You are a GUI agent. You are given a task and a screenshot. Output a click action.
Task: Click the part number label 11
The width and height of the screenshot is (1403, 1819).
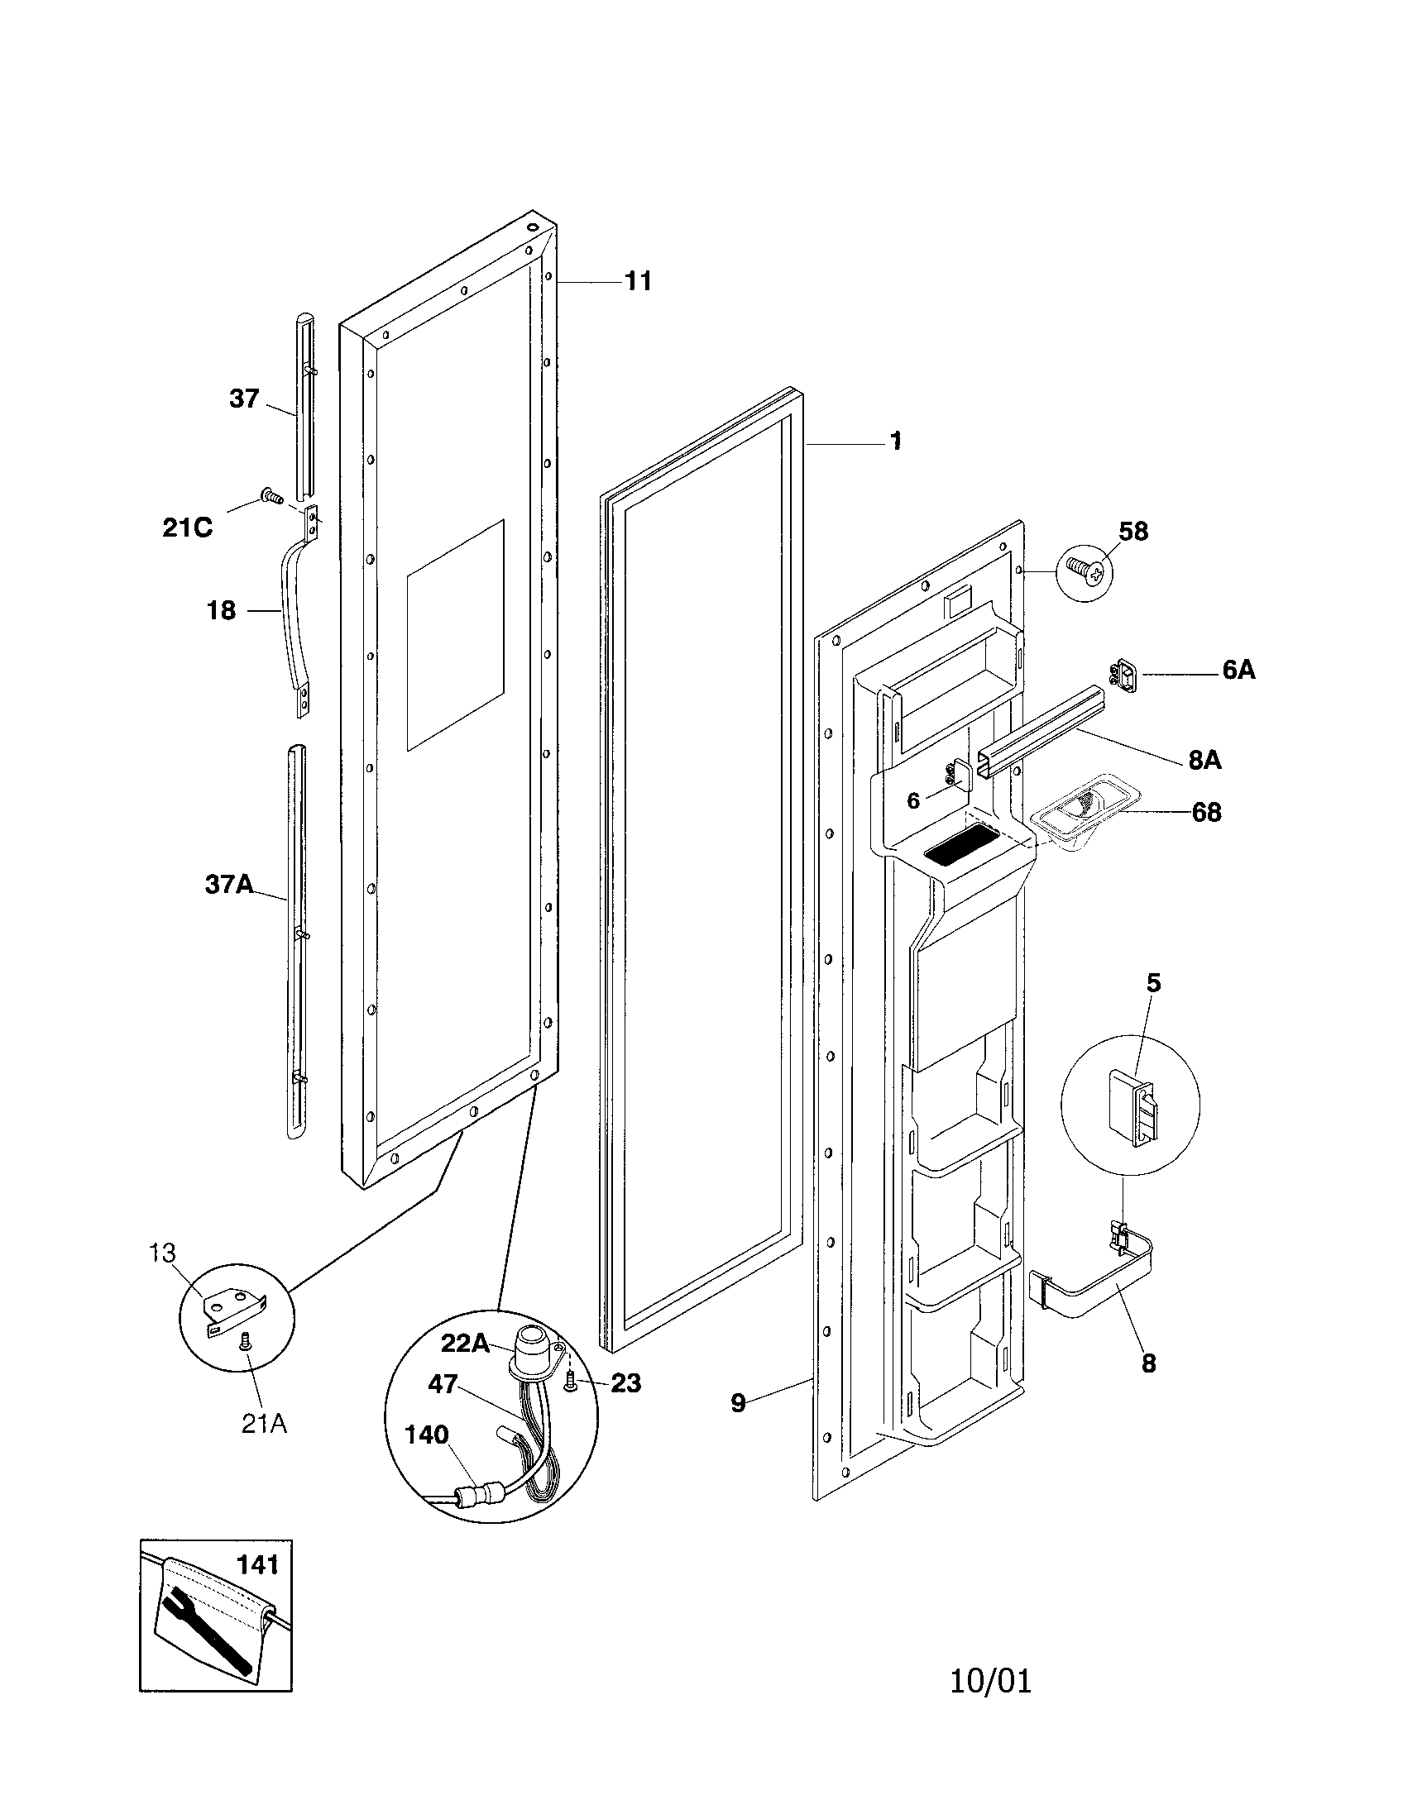point(638,281)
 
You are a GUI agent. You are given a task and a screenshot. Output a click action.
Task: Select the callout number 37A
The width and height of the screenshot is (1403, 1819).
point(229,885)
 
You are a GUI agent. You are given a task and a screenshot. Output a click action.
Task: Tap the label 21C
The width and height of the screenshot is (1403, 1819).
point(188,528)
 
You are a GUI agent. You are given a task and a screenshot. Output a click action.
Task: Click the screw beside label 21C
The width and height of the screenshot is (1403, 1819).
point(270,495)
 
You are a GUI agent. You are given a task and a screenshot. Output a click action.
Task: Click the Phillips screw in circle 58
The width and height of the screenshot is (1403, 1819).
point(1085,571)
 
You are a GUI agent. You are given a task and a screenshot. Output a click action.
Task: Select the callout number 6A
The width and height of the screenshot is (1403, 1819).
point(1238,670)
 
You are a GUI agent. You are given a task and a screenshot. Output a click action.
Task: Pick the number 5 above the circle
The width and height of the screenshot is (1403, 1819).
point(1153,983)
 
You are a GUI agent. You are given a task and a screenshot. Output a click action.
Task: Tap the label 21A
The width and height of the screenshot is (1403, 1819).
point(264,1425)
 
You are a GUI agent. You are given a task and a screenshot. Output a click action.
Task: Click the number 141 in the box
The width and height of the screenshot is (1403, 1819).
point(257,1566)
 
